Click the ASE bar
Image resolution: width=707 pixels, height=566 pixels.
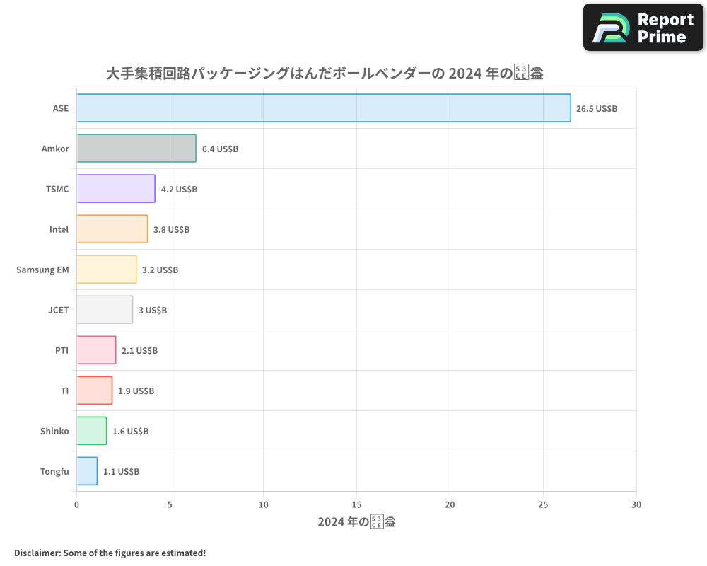point(323,108)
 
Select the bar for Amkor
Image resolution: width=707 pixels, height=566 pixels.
point(136,149)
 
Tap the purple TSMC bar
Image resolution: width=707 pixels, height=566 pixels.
point(116,189)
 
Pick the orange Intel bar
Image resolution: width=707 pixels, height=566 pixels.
point(112,229)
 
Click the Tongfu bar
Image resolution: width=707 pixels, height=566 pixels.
point(87,471)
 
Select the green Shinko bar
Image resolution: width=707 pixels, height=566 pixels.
point(92,431)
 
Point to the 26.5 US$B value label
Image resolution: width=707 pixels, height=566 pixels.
point(597,109)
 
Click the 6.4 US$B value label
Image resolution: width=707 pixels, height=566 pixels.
point(220,149)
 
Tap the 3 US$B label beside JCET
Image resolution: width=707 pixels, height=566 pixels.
point(153,311)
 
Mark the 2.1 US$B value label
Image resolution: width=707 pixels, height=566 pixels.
point(139,351)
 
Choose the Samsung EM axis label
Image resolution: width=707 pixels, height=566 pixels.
point(42,270)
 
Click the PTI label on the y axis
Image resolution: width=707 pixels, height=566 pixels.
point(62,350)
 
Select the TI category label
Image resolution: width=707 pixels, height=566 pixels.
point(64,391)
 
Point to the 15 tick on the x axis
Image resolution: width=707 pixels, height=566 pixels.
point(356,505)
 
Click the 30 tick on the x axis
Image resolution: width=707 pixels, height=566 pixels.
point(636,505)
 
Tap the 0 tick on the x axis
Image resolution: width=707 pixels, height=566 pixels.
point(76,505)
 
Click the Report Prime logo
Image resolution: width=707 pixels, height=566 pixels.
point(643,28)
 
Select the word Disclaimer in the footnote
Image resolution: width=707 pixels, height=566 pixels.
point(37,553)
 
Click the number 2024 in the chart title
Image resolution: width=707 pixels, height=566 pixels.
point(468,73)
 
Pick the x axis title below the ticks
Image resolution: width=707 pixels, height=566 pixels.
point(356,523)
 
